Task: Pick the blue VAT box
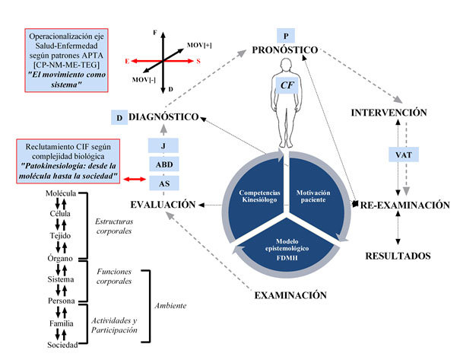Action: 403,155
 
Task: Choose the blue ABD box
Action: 163,164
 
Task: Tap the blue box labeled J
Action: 163,145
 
